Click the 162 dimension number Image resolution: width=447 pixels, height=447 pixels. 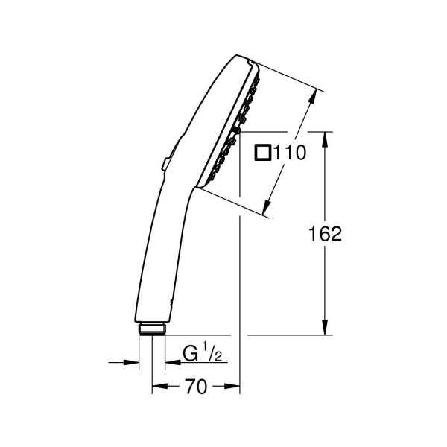click(325, 234)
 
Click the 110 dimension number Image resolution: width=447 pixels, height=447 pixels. click(290, 152)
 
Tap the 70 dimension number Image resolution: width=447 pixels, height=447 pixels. click(196, 387)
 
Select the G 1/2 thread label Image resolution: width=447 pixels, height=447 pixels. click(202, 352)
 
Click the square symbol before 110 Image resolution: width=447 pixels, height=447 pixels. click(262, 152)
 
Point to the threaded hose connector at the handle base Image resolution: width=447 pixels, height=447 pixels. click(152, 329)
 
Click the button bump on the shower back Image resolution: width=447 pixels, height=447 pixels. click(165, 165)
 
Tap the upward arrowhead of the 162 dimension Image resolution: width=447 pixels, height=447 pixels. click(325, 139)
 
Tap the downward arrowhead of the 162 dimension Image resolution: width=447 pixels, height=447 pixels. click(325, 327)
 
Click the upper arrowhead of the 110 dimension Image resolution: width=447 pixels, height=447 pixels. click(313, 97)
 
